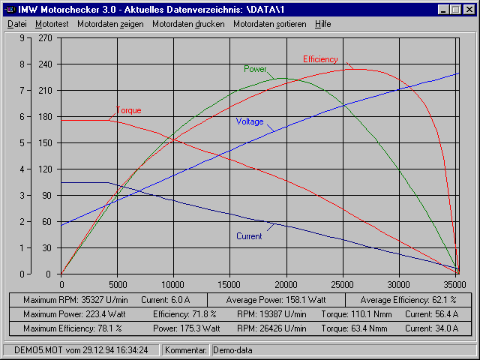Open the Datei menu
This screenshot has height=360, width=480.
coord(16,24)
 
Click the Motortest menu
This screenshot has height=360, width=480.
coord(51,24)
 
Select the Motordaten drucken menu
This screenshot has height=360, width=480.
coord(188,24)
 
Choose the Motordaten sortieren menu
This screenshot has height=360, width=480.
coord(269,24)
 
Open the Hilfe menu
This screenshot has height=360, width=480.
coord(322,24)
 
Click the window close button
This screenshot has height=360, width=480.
coord(470,10)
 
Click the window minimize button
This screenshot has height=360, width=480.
coord(445,10)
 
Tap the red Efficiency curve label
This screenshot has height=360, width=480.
coord(320,59)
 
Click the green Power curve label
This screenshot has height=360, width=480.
coord(255,69)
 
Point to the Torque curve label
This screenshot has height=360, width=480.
coord(128,110)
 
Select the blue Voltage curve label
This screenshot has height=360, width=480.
coord(250,121)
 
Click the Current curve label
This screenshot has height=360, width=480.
coord(249,236)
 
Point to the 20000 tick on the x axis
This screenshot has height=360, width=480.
coord(286,285)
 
